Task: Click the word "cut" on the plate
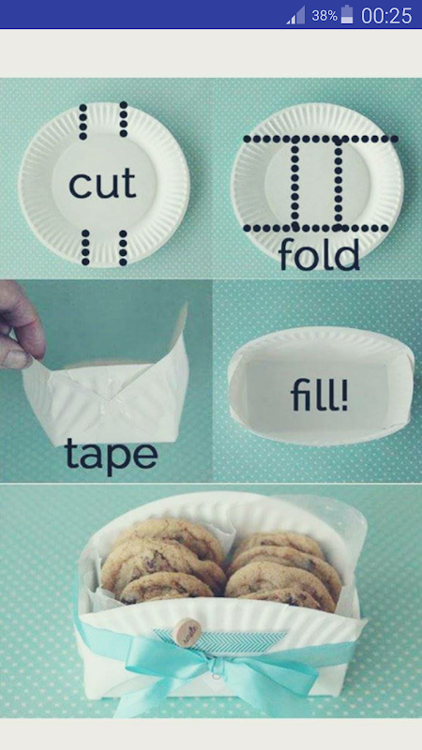coord(102,185)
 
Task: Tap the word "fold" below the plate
coord(319,253)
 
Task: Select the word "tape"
coord(111,456)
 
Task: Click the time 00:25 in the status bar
coord(386,15)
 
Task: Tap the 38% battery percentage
coord(324,16)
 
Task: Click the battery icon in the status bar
coord(347,15)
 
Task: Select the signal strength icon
coord(295,15)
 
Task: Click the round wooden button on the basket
coord(187,632)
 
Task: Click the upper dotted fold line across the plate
coord(320,139)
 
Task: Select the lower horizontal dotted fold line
coord(316,228)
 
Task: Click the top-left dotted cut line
coord(83,122)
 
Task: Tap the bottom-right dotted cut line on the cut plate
coord(123,247)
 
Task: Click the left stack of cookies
coord(162,561)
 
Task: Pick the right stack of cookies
coord(283,572)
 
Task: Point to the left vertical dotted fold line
coord(294,184)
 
